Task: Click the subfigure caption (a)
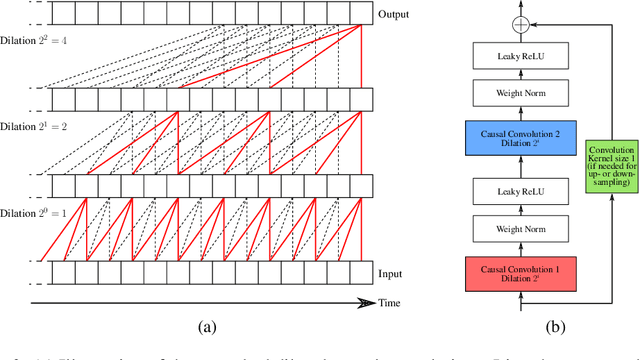coord(207,324)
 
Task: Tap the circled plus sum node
coord(519,22)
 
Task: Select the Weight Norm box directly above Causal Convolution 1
coord(519,229)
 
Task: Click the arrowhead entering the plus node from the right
coord(530,22)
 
